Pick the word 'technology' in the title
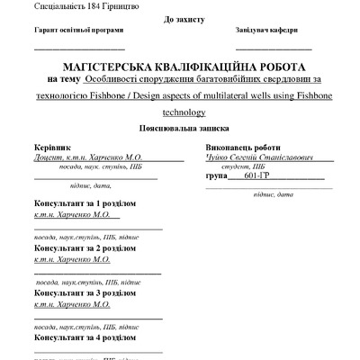(x=184, y=113)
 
